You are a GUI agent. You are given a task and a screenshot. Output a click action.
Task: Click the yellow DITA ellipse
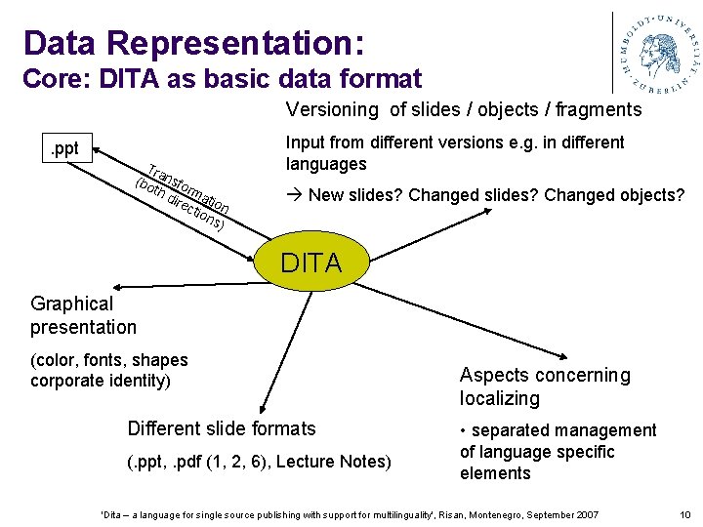310,263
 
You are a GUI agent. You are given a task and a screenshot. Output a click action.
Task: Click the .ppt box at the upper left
64,150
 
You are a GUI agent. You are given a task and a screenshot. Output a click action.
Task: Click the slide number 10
684,514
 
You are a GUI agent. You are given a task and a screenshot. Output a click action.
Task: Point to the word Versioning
332,109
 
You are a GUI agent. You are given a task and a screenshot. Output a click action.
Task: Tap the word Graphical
72,304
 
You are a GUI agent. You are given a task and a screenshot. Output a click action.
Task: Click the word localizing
500,398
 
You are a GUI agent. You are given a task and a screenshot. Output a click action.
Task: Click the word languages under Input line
326,164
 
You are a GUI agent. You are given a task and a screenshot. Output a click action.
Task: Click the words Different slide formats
222,428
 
